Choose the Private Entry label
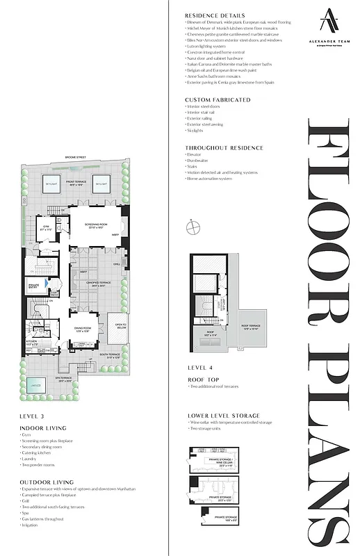[x=34, y=284]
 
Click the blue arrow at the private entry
[x=46, y=284]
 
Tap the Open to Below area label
[x=120, y=326]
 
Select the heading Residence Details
[x=215, y=15]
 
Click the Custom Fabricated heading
[x=218, y=99]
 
